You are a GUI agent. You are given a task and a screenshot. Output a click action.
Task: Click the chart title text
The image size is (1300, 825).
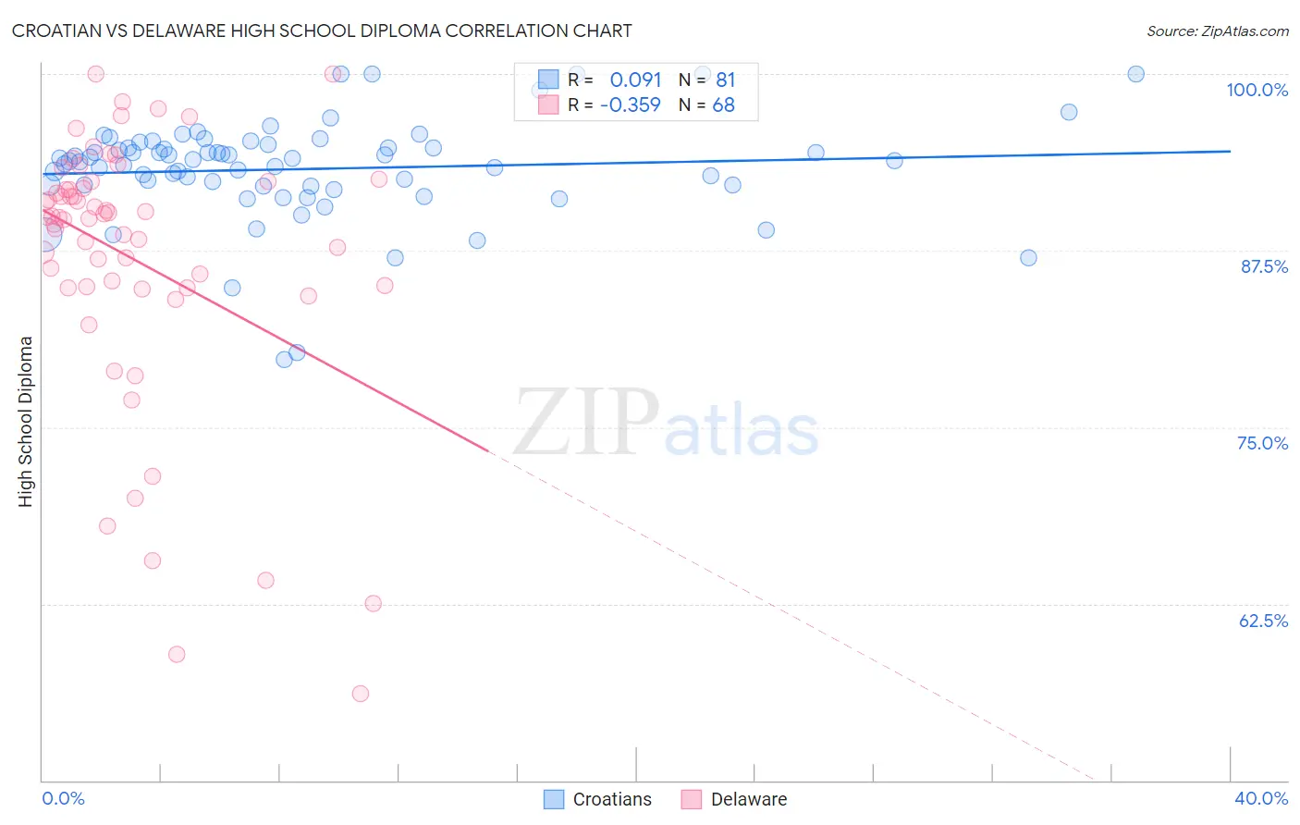tap(322, 31)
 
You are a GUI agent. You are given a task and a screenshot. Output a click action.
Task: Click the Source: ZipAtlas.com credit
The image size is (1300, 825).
tap(1217, 31)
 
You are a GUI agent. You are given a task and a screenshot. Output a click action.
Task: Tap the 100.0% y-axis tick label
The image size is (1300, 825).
tap(1257, 90)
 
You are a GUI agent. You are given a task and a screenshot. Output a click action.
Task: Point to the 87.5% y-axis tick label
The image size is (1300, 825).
tap(1264, 266)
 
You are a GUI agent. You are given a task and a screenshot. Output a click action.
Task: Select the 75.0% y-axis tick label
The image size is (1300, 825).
tap(1262, 443)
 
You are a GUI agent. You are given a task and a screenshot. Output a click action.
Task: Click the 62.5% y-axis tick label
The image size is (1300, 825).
tap(1263, 621)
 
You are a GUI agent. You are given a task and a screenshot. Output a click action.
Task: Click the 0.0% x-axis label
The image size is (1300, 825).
tap(64, 798)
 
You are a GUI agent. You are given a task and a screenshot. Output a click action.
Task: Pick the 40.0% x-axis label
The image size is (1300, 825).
tap(1261, 798)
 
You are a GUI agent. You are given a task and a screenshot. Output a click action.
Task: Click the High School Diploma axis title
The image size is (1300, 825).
tap(26, 421)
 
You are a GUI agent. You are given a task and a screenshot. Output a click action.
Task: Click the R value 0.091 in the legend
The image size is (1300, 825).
tap(635, 80)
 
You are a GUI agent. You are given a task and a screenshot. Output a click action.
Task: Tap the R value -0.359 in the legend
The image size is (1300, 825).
tap(630, 105)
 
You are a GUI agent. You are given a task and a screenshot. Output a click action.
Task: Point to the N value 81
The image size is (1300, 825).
tap(725, 80)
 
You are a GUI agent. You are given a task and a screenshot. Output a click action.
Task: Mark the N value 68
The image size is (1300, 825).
tap(723, 105)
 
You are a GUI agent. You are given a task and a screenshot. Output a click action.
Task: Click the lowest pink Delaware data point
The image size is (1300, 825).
tap(361, 694)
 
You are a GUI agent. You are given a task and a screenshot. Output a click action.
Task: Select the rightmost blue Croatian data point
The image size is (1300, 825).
tap(1136, 74)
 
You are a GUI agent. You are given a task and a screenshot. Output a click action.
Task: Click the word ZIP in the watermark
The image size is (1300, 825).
tap(586, 422)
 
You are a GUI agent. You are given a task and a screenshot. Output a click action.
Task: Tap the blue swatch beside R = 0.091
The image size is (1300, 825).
tap(548, 80)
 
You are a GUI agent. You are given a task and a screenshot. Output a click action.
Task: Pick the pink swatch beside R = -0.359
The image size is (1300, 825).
tap(548, 105)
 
